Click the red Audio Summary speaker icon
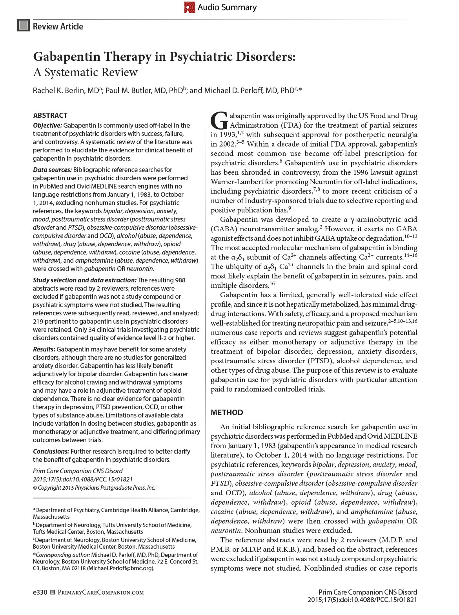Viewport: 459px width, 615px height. (190, 7)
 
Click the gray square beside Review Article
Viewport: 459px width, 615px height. (24, 26)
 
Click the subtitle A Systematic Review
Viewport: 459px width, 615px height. (85, 72)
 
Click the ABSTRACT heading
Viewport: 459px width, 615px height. (50, 115)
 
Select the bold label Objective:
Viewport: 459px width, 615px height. (47, 125)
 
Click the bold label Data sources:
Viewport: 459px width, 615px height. (52, 170)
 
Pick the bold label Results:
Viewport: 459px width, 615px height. (44, 349)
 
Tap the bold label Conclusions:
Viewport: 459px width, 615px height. (51, 451)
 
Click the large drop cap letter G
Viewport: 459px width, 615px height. (219, 121)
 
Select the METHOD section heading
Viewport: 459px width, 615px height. (227, 412)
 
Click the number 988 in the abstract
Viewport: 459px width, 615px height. (180, 280)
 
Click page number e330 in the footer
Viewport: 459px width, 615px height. (40, 592)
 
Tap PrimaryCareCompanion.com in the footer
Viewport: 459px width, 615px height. (101, 592)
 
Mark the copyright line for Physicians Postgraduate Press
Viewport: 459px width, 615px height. (94, 488)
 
